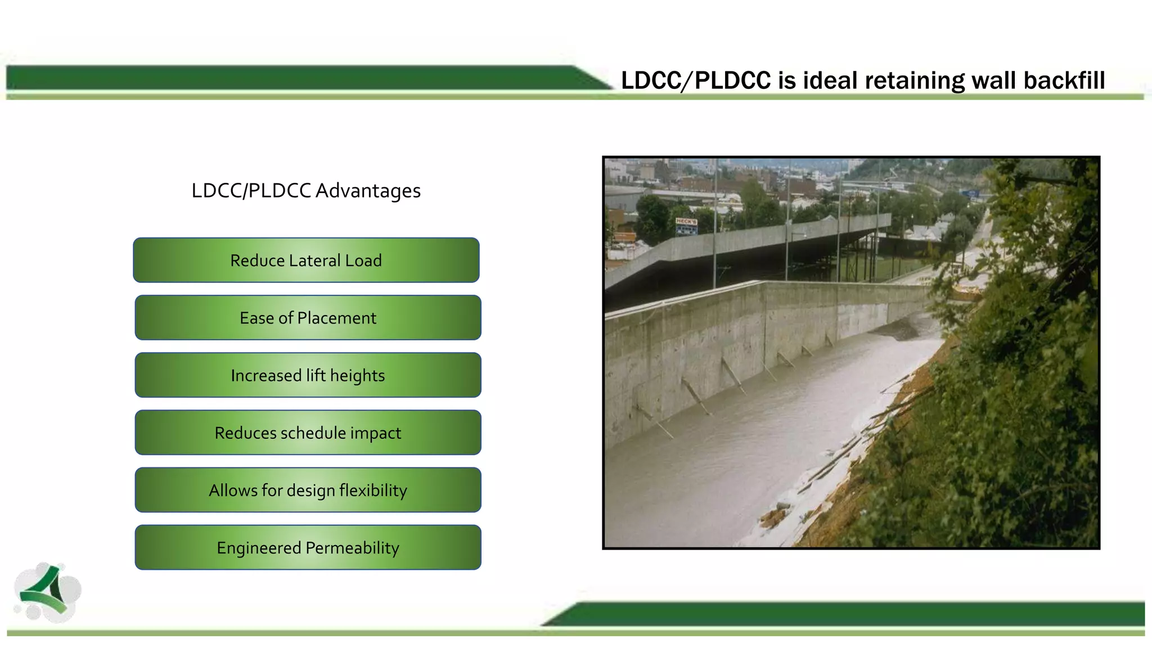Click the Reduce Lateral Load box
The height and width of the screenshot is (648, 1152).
[306, 260]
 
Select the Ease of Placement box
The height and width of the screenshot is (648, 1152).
[308, 318]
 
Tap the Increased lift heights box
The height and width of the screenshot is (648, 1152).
[308, 375]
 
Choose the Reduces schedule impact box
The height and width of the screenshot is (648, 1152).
[308, 433]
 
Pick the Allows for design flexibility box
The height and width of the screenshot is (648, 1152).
[308, 490]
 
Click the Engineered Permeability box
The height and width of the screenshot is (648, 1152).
[308, 547]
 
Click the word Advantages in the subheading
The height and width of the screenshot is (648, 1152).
[368, 191]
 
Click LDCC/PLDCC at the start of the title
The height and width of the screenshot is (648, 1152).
[696, 80]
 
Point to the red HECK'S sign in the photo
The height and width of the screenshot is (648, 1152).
[686, 222]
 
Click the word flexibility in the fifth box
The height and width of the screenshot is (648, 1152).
[373, 490]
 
